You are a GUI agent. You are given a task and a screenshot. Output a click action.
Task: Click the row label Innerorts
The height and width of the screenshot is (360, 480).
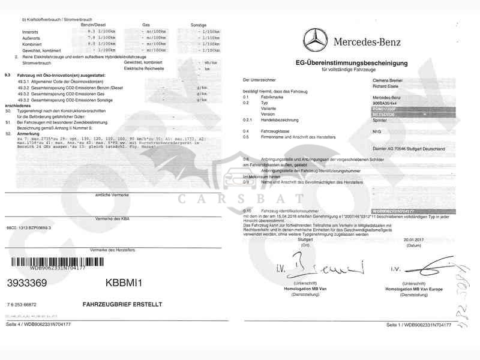coord(29,30)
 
